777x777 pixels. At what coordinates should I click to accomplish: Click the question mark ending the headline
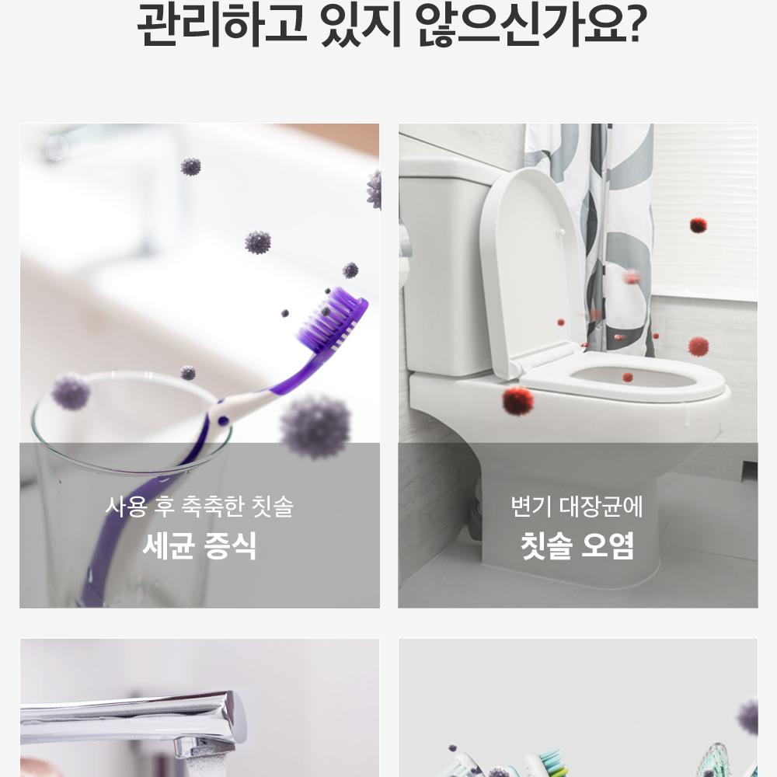pyautogui.click(x=633, y=24)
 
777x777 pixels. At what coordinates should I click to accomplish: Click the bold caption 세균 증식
pyautogui.click(x=200, y=545)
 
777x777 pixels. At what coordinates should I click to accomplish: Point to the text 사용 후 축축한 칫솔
pyautogui.click(x=200, y=507)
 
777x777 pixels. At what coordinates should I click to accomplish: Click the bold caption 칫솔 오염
pyautogui.click(x=577, y=545)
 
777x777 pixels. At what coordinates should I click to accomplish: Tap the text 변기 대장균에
pyautogui.click(x=577, y=507)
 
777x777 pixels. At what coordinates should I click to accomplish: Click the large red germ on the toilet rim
pyautogui.click(x=517, y=400)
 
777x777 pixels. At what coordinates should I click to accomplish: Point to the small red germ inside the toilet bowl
pyautogui.click(x=628, y=378)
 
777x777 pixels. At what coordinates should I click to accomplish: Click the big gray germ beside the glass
pyautogui.click(x=315, y=426)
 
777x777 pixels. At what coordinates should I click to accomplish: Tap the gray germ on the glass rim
pyautogui.click(x=71, y=392)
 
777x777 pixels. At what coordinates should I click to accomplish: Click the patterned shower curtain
pyautogui.click(x=590, y=238)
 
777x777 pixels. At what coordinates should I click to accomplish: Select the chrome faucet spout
pyautogui.click(x=134, y=713)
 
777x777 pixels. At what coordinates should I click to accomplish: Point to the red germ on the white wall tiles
pyautogui.click(x=699, y=225)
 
